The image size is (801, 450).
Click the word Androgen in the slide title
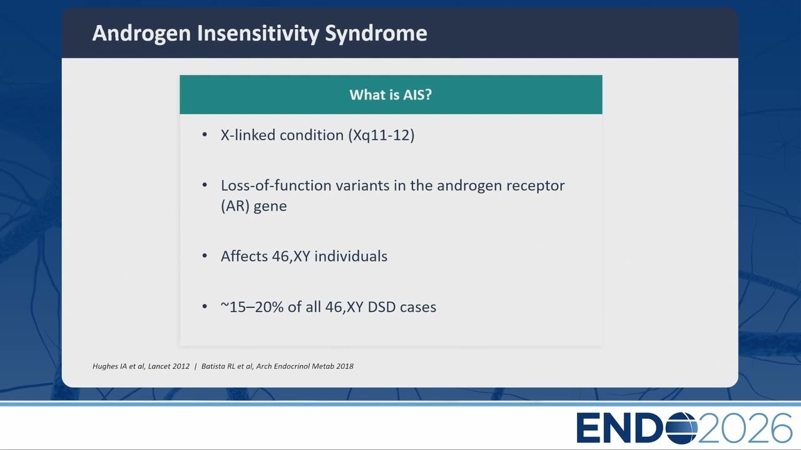point(141,34)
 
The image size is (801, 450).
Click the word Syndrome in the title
point(376,34)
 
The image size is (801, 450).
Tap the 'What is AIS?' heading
point(390,94)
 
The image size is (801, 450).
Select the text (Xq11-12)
point(381,135)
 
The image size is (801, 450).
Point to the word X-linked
point(248,135)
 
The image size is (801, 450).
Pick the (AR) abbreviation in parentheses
point(235,206)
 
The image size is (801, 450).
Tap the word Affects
point(244,256)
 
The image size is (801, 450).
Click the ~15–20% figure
point(252,307)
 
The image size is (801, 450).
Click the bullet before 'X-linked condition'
point(205,134)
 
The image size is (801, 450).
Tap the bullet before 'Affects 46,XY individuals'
point(205,256)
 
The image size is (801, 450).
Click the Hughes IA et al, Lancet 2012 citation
point(141,366)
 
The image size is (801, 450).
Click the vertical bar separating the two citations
point(196,366)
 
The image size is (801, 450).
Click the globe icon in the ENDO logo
point(681,427)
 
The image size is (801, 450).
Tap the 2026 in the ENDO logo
point(745,427)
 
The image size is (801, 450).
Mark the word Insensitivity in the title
point(258,34)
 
